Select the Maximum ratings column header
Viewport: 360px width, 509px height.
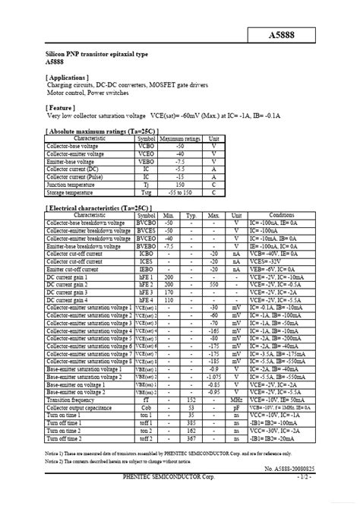pos(180,138)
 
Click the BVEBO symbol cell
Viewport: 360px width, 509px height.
pos(147,247)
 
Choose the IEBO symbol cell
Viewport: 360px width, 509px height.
pos(147,268)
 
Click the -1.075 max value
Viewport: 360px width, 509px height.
pos(214,376)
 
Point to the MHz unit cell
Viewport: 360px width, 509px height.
pos(237,399)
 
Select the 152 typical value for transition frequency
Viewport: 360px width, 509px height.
pos(191,399)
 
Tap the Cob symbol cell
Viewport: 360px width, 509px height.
pos(147,407)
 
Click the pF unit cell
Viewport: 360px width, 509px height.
pos(237,407)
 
